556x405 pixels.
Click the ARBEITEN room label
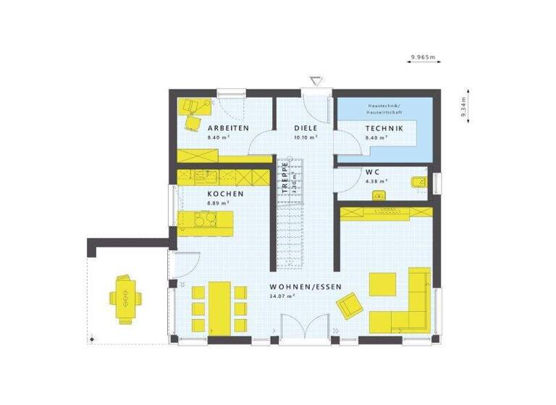click(x=228, y=128)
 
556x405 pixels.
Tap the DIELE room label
click(x=306, y=128)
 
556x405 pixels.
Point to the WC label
click(x=373, y=172)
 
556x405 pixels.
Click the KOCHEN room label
click(x=225, y=194)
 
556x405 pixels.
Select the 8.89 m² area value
click(x=218, y=204)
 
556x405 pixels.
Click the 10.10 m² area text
click(x=306, y=137)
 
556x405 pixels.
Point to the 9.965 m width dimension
click(x=424, y=56)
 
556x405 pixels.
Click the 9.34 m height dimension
click(x=461, y=106)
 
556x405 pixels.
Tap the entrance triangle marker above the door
click(x=315, y=80)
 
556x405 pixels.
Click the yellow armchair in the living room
click(x=350, y=304)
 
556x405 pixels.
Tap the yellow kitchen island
click(x=206, y=223)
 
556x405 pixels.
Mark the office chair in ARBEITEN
click(x=193, y=120)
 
